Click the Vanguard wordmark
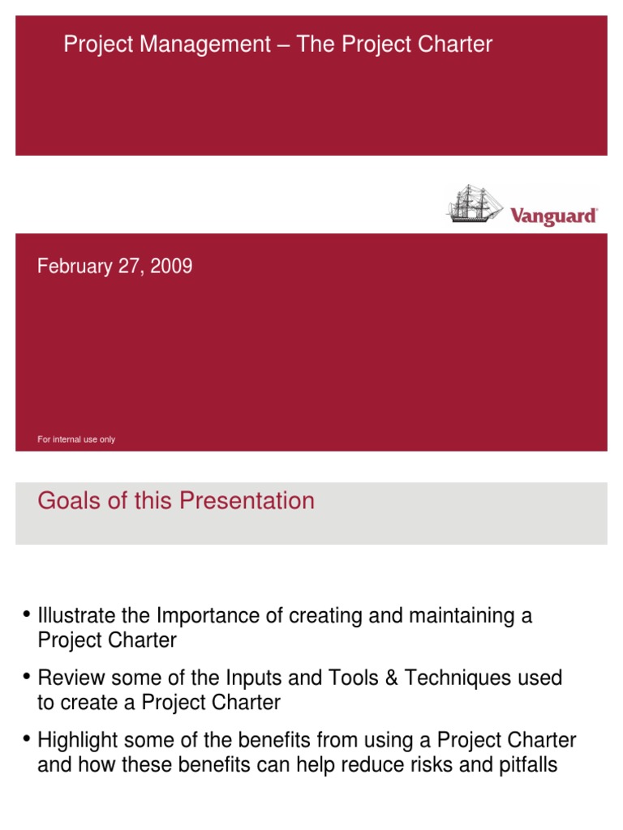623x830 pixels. [x=553, y=216]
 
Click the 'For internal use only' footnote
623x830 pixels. [x=76, y=439]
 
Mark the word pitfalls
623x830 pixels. [x=527, y=764]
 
